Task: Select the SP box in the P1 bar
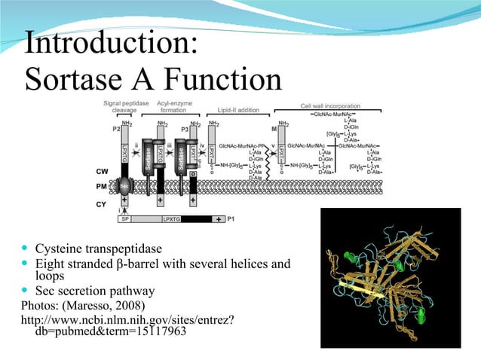click(124, 219)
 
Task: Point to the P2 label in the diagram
click(116, 129)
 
